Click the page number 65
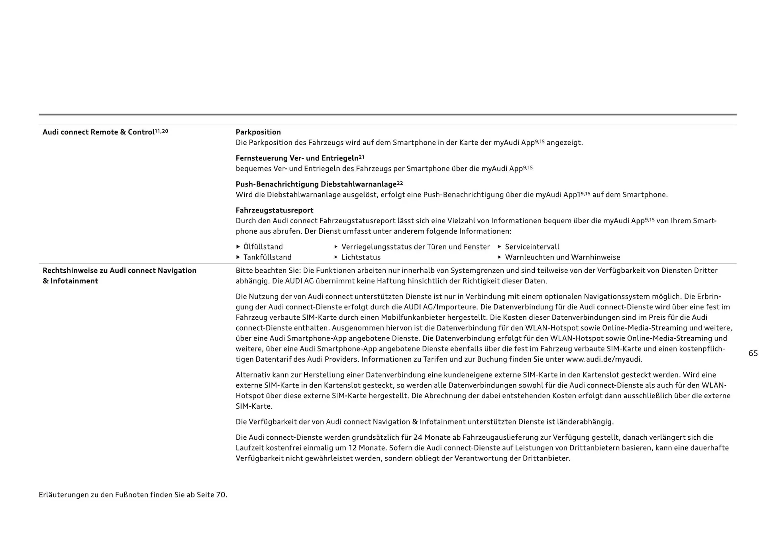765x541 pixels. tap(753, 353)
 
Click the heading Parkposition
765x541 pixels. tap(258, 132)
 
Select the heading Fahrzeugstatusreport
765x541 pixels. tap(275, 210)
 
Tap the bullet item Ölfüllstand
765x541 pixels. tap(263, 247)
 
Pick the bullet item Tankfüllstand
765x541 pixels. tap(267, 257)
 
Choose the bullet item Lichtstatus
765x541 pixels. tap(361, 257)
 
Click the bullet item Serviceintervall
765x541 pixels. tap(532, 247)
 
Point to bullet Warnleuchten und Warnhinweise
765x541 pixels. tap(562, 257)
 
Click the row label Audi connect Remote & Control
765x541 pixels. tap(98, 132)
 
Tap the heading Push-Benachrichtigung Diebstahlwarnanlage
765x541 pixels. tap(316, 184)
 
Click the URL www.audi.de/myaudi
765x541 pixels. tap(604, 359)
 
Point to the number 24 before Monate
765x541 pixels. tap(418, 437)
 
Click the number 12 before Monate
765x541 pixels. tap(353, 448)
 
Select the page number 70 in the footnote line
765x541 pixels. tap(220, 495)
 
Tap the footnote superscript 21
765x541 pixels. tap(361, 157)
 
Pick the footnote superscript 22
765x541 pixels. tap(400, 183)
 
